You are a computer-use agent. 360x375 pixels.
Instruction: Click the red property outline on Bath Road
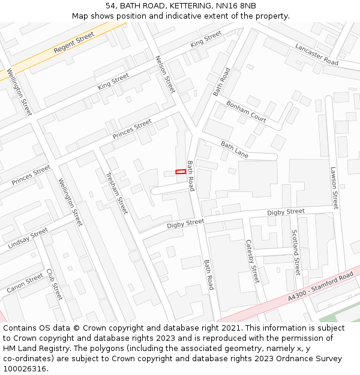pyautogui.click(x=180, y=172)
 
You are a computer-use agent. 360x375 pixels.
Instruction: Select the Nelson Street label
pyautogui.click(x=165, y=74)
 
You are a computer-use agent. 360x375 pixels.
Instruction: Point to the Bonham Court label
pyautogui.click(x=246, y=111)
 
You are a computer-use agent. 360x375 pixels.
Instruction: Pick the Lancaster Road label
pyautogui.click(x=317, y=53)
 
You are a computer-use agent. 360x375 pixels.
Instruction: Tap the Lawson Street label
pyautogui.click(x=334, y=188)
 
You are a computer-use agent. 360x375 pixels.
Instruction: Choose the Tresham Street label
pyautogui.click(x=116, y=193)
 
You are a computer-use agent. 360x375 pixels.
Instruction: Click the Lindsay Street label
pyautogui.click(x=28, y=238)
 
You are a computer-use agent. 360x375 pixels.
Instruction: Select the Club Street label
pyautogui.click(x=54, y=284)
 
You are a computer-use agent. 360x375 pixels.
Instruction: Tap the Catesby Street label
pyautogui.click(x=252, y=262)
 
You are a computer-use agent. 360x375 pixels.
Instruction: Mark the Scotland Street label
pyautogui.click(x=295, y=252)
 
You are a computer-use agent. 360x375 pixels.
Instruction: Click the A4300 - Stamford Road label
pyautogui.click(x=320, y=287)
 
